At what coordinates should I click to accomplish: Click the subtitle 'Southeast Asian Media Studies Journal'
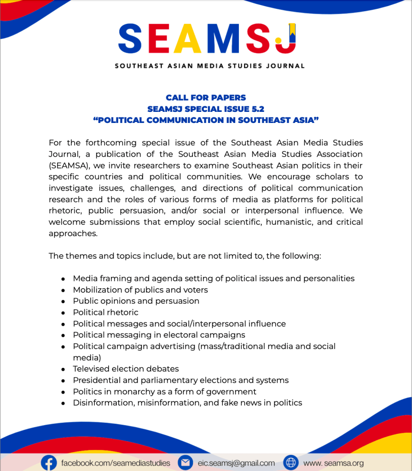click(209, 66)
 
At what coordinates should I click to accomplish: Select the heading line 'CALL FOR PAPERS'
click(206, 98)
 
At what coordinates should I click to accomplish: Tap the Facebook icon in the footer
click(49, 462)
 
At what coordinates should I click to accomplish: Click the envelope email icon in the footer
click(185, 462)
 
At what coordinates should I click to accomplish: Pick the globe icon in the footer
click(291, 462)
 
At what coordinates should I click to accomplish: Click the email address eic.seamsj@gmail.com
click(236, 463)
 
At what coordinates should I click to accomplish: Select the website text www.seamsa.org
click(333, 463)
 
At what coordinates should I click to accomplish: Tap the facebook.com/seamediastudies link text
click(116, 463)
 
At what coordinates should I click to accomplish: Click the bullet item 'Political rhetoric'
click(105, 312)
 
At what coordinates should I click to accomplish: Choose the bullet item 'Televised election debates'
click(126, 369)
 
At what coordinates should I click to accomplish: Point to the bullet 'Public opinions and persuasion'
click(136, 301)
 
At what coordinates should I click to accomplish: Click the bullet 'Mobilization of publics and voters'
click(140, 290)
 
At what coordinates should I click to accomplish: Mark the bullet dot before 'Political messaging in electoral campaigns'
click(63, 335)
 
